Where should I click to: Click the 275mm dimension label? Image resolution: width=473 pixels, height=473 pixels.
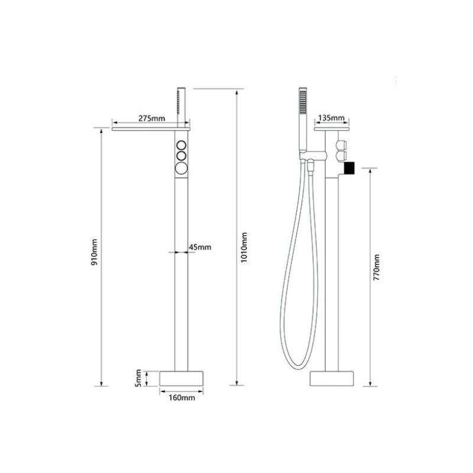[x=152, y=118]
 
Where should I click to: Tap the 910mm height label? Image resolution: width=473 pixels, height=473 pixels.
[x=95, y=252]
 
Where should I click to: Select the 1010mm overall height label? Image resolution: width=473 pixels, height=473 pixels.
[x=244, y=247]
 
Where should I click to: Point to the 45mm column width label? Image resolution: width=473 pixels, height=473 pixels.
[x=200, y=247]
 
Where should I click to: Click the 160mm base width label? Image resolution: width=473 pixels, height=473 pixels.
[x=182, y=397]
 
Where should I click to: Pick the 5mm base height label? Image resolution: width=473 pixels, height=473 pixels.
[x=138, y=378]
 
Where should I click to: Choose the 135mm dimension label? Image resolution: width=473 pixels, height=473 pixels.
[x=331, y=118]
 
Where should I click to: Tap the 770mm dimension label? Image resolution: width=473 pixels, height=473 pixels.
[x=377, y=268]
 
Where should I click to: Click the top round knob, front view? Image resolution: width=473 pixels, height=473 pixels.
[x=182, y=145]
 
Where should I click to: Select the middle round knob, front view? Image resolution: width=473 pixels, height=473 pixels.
[x=182, y=156]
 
